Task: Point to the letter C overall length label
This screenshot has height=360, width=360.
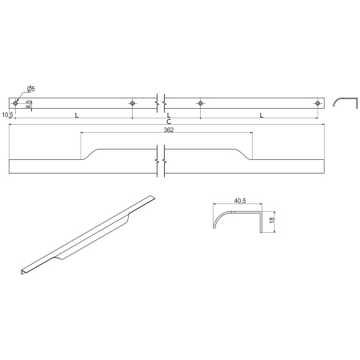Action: click(168, 121)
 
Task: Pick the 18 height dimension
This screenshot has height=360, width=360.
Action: click(274, 219)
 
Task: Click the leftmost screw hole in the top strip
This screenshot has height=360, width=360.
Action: click(16, 102)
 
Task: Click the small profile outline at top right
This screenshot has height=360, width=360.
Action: click(342, 101)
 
